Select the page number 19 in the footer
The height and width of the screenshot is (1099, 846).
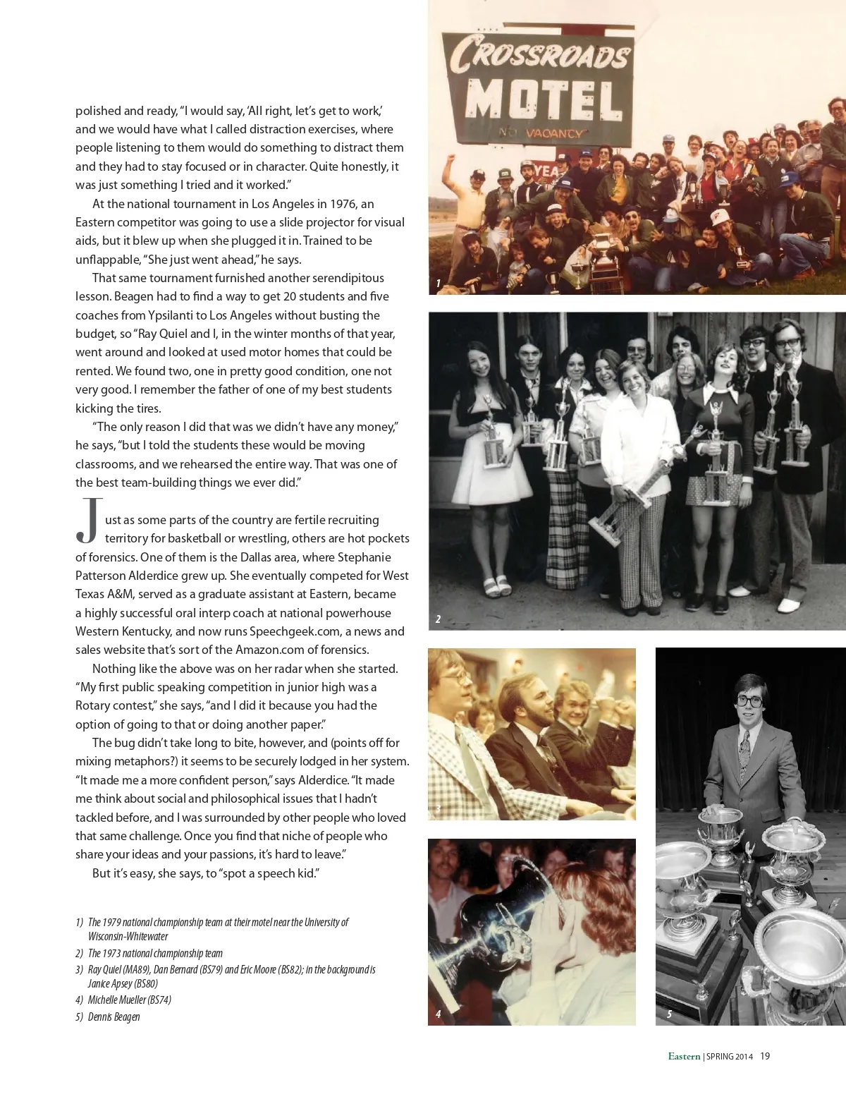click(765, 1056)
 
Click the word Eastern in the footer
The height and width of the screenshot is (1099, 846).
click(684, 1056)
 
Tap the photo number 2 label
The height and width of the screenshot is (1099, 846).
click(438, 619)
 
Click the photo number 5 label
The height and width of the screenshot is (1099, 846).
click(669, 1014)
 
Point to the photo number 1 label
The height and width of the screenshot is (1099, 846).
click(438, 284)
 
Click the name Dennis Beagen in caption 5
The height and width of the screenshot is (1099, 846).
click(114, 1016)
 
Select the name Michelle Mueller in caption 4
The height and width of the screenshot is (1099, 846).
click(117, 1000)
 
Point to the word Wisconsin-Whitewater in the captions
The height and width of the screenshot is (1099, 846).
click(128, 936)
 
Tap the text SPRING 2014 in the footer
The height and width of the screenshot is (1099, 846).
click(730, 1057)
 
